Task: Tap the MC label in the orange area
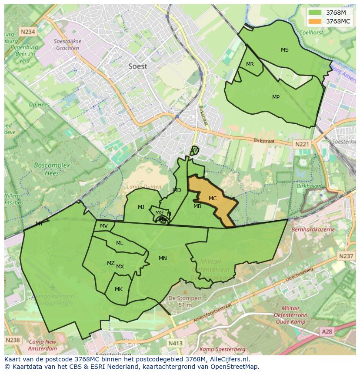[x=213, y=199]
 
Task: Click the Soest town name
[x=138, y=66]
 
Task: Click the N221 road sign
[x=301, y=144]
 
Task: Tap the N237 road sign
[x=346, y=256]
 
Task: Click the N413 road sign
[x=175, y=343]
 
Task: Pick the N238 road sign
[x=13, y=340]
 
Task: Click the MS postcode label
[x=284, y=50]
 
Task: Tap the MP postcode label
[x=276, y=97]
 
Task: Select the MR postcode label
[x=250, y=64]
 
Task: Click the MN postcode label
[x=163, y=258]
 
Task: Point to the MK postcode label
[x=119, y=289]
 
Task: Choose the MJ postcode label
[x=141, y=207]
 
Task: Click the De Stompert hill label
[x=185, y=301]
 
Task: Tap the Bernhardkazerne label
[x=313, y=229]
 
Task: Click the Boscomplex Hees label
[x=46, y=169]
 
